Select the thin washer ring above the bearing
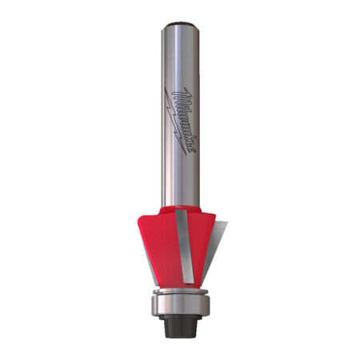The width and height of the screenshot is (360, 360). [180, 291]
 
